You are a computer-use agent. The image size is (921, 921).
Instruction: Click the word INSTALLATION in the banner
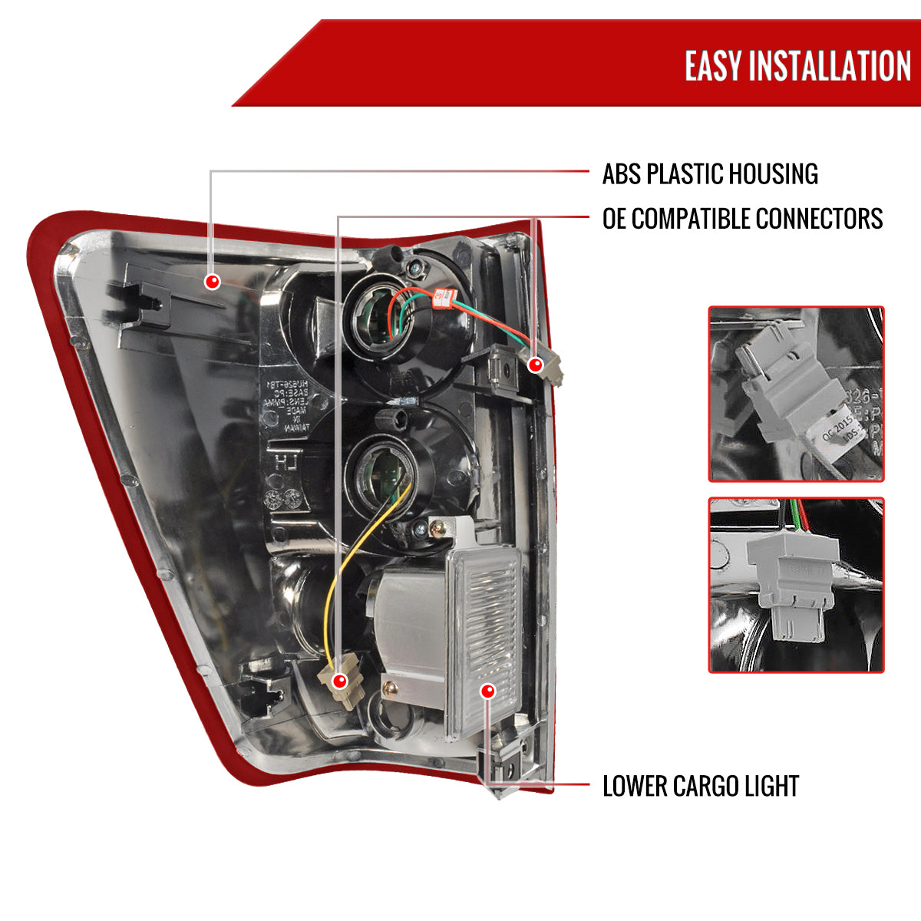click(x=830, y=66)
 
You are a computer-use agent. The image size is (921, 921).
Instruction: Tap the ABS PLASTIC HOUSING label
click(x=710, y=174)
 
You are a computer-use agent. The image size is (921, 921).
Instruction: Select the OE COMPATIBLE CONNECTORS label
click(x=742, y=219)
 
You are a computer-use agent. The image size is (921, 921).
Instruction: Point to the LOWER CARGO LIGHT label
click(x=700, y=787)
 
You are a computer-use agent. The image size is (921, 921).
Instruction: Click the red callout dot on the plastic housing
click(x=213, y=282)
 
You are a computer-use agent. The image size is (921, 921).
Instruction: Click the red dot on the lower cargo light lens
click(x=487, y=692)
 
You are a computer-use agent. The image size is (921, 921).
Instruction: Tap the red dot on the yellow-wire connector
click(x=340, y=680)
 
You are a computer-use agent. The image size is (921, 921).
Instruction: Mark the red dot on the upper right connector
click(x=536, y=365)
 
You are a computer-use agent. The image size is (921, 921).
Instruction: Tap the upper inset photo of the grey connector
click(x=796, y=394)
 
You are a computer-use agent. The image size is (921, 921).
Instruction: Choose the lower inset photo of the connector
click(x=796, y=585)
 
